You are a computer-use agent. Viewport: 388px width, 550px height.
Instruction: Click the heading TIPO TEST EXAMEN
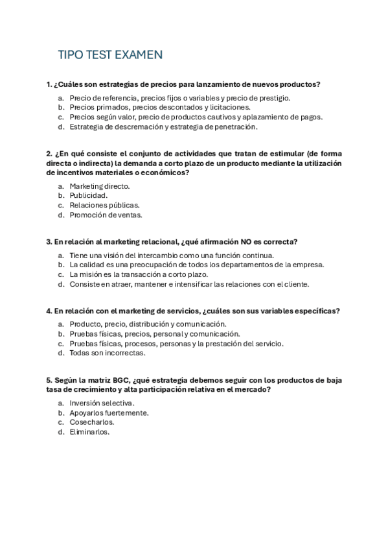[109, 55]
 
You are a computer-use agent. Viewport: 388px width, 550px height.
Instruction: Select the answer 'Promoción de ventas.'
[106, 215]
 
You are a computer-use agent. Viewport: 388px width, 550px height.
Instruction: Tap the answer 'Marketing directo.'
[100, 186]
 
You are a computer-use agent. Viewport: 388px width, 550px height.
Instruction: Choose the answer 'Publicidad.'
[89, 195]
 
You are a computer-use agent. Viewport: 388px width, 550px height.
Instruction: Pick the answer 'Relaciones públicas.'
[104, 205]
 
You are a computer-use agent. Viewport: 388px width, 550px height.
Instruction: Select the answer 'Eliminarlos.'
[90, 432]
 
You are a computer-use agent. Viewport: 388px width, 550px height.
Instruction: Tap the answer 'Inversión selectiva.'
[102, 403]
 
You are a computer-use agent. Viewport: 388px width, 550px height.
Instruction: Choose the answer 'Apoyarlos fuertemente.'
[109, 413]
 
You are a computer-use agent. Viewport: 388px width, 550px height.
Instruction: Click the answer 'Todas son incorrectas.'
[108, 353]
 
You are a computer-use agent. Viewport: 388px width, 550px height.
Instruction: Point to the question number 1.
[49, 84]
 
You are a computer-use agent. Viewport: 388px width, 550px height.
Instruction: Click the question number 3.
[49, 241]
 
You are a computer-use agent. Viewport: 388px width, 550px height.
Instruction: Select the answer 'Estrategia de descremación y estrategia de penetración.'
[163, 127]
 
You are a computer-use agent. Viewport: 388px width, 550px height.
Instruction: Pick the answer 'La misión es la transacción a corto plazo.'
[143, 274]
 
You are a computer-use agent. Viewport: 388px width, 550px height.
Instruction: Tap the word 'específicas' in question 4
[317, 311]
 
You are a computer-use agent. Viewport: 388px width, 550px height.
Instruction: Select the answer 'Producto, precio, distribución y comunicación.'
[148, 324]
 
